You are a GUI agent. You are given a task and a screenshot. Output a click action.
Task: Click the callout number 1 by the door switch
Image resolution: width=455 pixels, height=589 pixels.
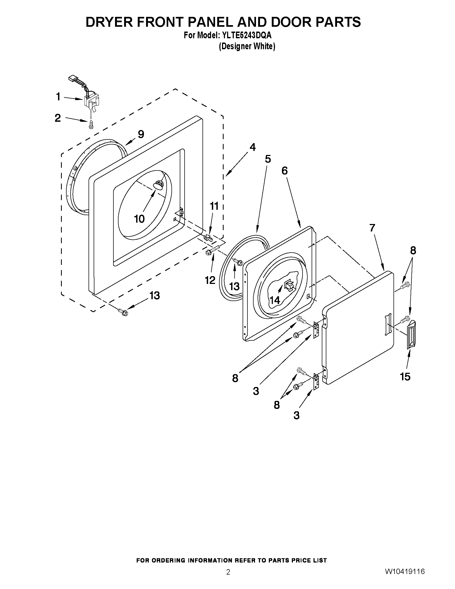click(x=58, y=97)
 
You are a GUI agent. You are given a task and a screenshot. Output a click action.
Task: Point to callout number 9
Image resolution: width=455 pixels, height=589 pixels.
click(x=141, y=134)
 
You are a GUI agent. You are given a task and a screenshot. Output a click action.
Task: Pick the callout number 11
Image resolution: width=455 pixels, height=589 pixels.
click(x=214, y=206)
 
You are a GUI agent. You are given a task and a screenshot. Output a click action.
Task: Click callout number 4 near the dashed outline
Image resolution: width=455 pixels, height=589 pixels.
click(x=252, y=147)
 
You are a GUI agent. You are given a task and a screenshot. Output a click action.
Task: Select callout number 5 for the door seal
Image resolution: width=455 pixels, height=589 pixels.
click(x=268, y=159)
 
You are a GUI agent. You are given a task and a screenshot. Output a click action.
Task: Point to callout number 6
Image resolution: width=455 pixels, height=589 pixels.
click(x=285, y=170)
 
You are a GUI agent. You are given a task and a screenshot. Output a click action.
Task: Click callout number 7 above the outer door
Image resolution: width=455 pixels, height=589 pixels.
click(x=372, y=228)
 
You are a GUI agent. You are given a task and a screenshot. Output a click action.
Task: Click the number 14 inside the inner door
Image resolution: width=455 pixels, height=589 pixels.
click(x=275, y=300)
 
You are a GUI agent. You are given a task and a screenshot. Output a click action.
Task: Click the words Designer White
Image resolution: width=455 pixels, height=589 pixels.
click(x=247, y=46)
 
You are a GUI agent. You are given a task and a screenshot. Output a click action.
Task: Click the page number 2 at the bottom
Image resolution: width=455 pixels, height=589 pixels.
click(x=228, y=565)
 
